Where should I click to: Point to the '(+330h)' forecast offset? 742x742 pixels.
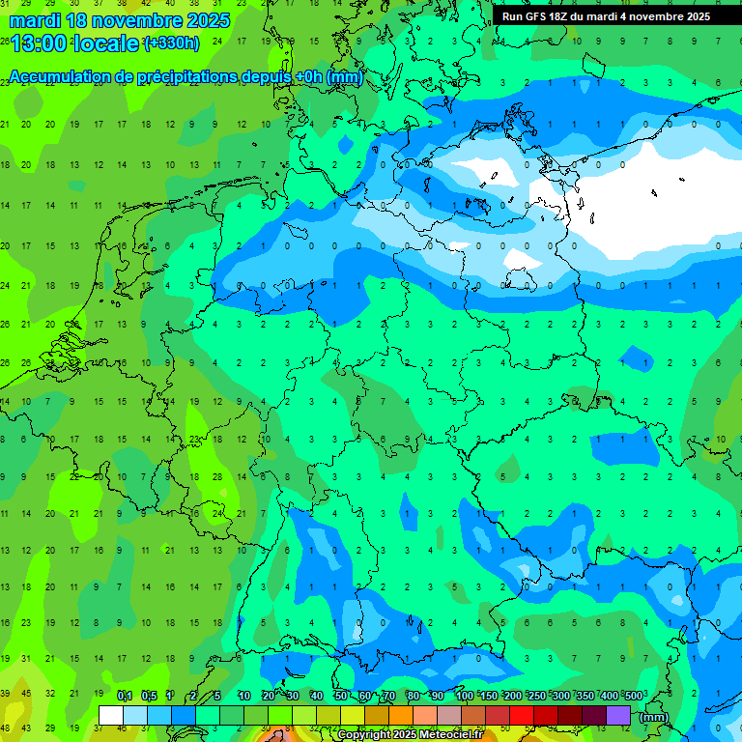(x=171, y=43)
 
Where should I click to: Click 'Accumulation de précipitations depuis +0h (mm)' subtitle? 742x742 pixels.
(x=185, y=77)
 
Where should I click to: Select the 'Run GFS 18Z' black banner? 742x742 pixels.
(x=606, y=16)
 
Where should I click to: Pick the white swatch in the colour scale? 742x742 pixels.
(x=111, y=716)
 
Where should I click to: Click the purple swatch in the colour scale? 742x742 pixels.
(x=618, y=716)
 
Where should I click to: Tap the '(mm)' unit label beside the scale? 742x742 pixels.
(x=653, y=716)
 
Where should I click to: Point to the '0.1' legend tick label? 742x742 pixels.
(x=125, y=696)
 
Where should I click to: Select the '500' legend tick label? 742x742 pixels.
(x=633, y=696)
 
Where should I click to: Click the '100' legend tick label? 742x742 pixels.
(x=464, y=696)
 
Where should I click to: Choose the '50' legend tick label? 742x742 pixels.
(x=341, y=696)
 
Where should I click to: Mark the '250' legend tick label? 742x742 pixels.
(x=536, y=696)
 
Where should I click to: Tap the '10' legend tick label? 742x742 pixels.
(x=244, y=696)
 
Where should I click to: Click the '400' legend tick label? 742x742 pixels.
(x=609, y=696)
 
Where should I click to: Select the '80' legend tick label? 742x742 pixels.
(x=414, y=696)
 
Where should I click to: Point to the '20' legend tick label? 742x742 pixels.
(x=269, y=696)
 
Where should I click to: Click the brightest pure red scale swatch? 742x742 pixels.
(x=522, y=716)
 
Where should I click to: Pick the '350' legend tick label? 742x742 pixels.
(x=585, y=696)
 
